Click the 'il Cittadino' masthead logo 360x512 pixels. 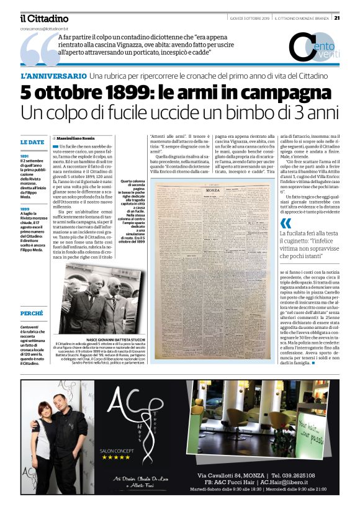point(43,19)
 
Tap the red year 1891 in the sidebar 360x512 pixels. point(24,156)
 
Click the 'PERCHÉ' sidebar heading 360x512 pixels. point(32,313)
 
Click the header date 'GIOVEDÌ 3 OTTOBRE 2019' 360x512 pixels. point(250,17)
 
